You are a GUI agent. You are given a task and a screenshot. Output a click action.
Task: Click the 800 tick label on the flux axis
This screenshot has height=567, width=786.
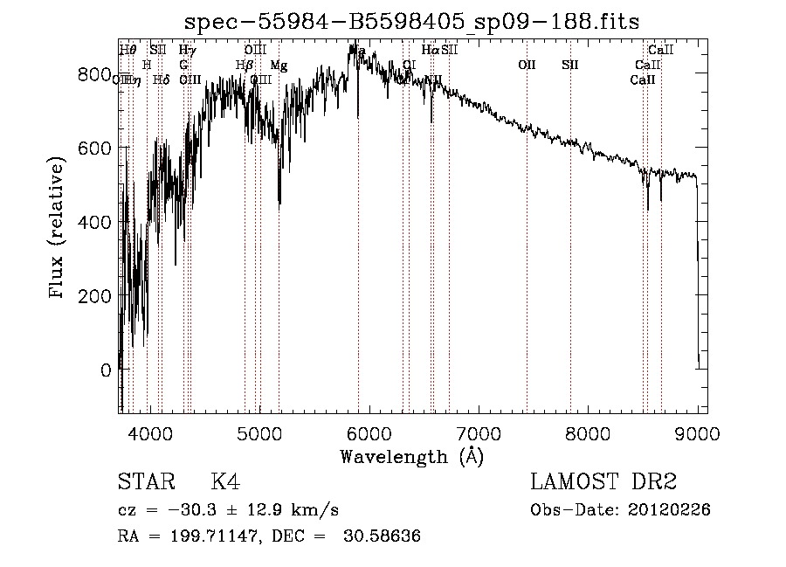[x=93, y=75]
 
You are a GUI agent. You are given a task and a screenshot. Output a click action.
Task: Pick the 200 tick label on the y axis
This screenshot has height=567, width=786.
[x=93, y=296]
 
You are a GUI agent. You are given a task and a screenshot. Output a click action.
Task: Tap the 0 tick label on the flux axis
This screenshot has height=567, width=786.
[x=105, y=370]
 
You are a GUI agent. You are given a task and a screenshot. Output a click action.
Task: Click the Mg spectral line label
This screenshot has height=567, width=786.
[x=279, y=66]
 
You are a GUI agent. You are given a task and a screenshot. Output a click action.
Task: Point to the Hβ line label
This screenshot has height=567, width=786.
[x=245, y=66]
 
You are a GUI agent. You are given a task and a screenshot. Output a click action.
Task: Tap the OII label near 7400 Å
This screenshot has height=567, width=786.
[x=527, y=65]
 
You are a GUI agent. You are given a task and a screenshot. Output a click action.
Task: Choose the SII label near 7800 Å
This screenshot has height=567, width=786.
[x=570, y=65]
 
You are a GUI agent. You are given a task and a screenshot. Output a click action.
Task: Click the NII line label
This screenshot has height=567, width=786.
[x=433, y=80]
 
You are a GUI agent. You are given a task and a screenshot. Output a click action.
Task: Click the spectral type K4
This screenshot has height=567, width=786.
[x=225, y=482]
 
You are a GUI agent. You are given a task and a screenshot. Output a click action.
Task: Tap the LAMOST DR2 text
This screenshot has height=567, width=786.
[x=603, y=482]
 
